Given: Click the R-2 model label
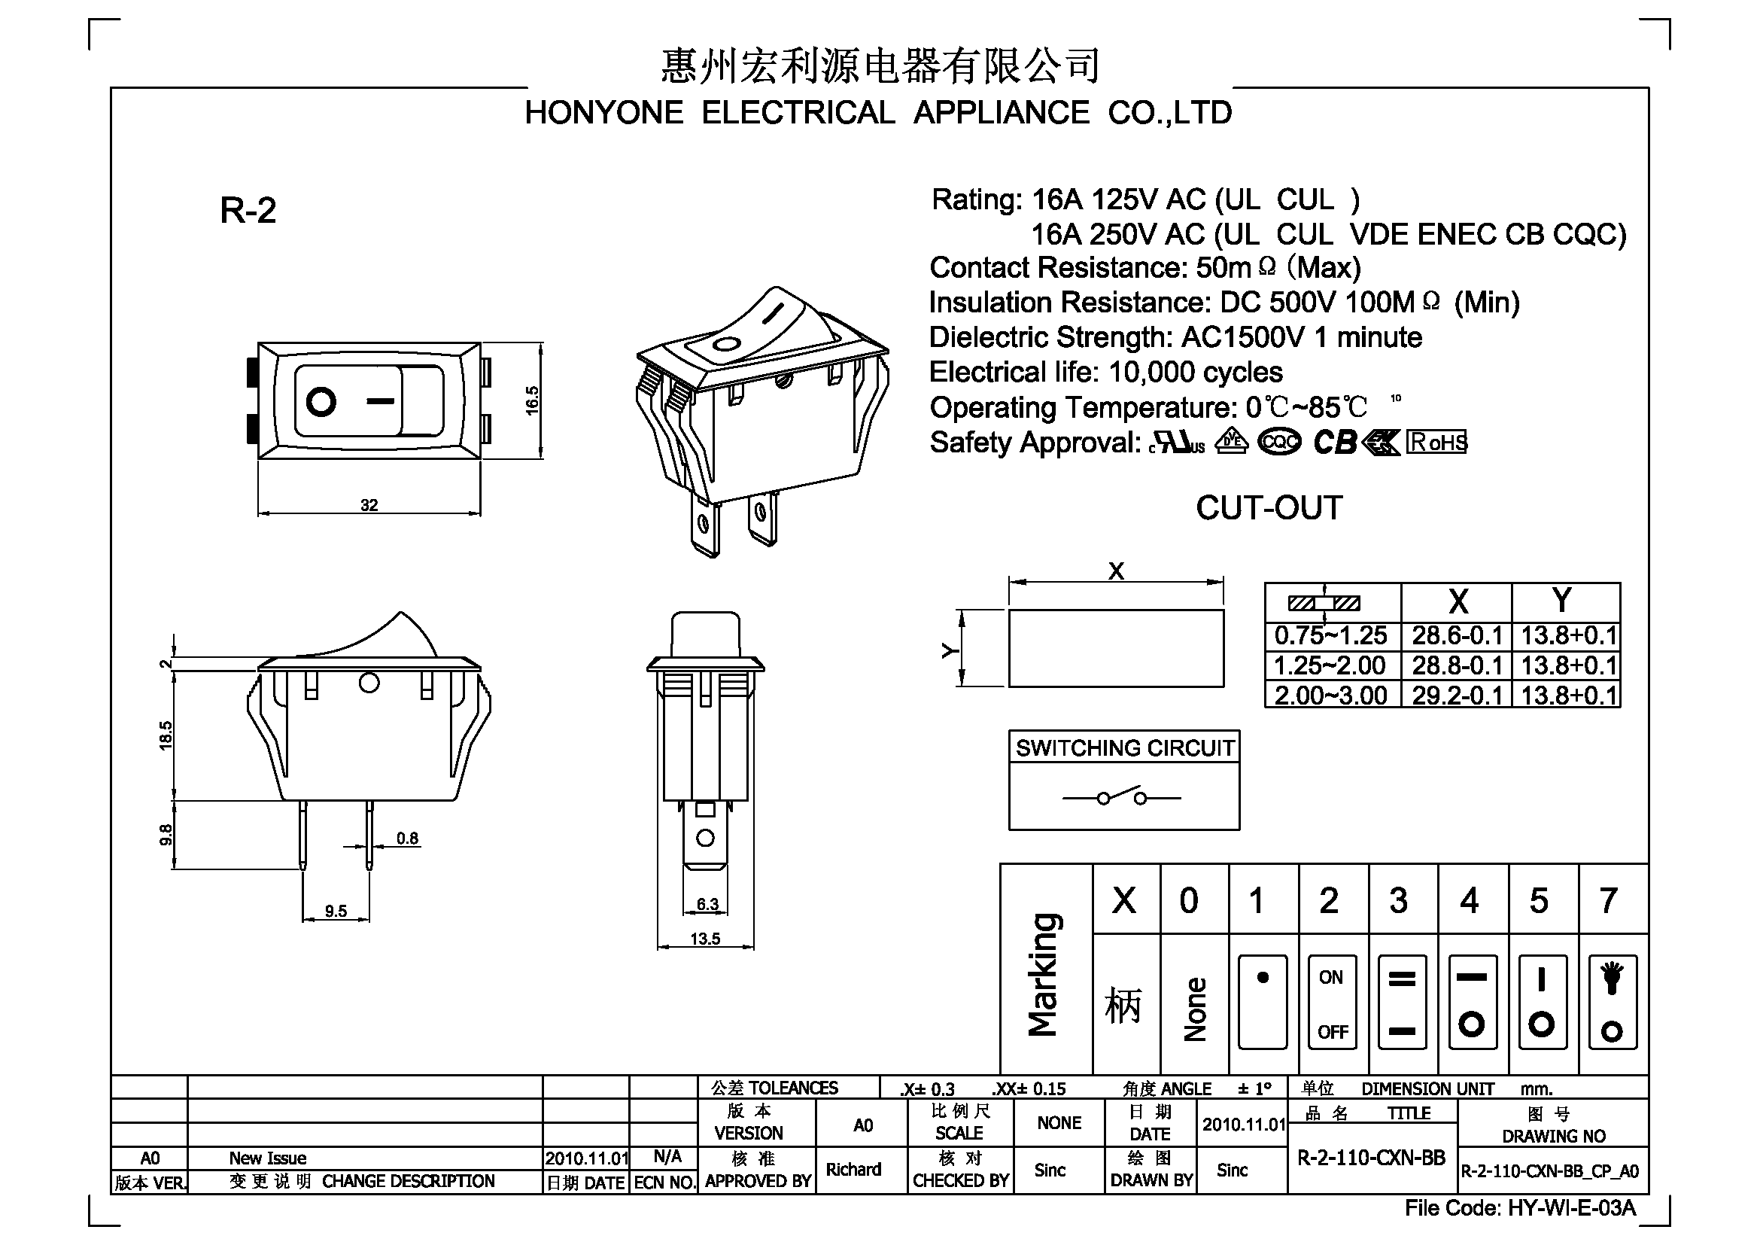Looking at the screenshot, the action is click(248, 210).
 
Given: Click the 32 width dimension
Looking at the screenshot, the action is click(369, 505).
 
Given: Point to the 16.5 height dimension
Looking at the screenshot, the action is click(532, 400).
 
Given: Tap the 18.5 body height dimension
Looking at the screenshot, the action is click(166, 735).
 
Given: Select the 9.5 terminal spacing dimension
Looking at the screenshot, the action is click(336, 911).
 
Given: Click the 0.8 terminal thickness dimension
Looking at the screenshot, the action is click(408, 838).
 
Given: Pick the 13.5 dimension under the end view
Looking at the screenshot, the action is click(705, 939).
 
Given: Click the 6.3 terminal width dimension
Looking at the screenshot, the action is click(707, 904).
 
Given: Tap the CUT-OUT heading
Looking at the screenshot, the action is click(1269, 507).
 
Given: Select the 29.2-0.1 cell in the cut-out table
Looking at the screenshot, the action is click(1457, 696).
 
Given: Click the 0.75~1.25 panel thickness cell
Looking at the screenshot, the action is click(1331, 635).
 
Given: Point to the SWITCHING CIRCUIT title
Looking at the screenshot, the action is click(1124, 747).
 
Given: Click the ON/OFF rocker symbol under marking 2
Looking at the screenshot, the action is click(1333, 1002).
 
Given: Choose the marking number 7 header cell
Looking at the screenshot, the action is click(1608, 900).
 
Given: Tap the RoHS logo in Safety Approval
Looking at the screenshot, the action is click(1436, 443).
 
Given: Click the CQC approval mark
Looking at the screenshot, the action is click(1279, 443).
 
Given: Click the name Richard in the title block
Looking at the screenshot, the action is click(853, 1169).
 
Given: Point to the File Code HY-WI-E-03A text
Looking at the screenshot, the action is click(1520, 1208).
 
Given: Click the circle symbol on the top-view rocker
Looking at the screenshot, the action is click(321, 402).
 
